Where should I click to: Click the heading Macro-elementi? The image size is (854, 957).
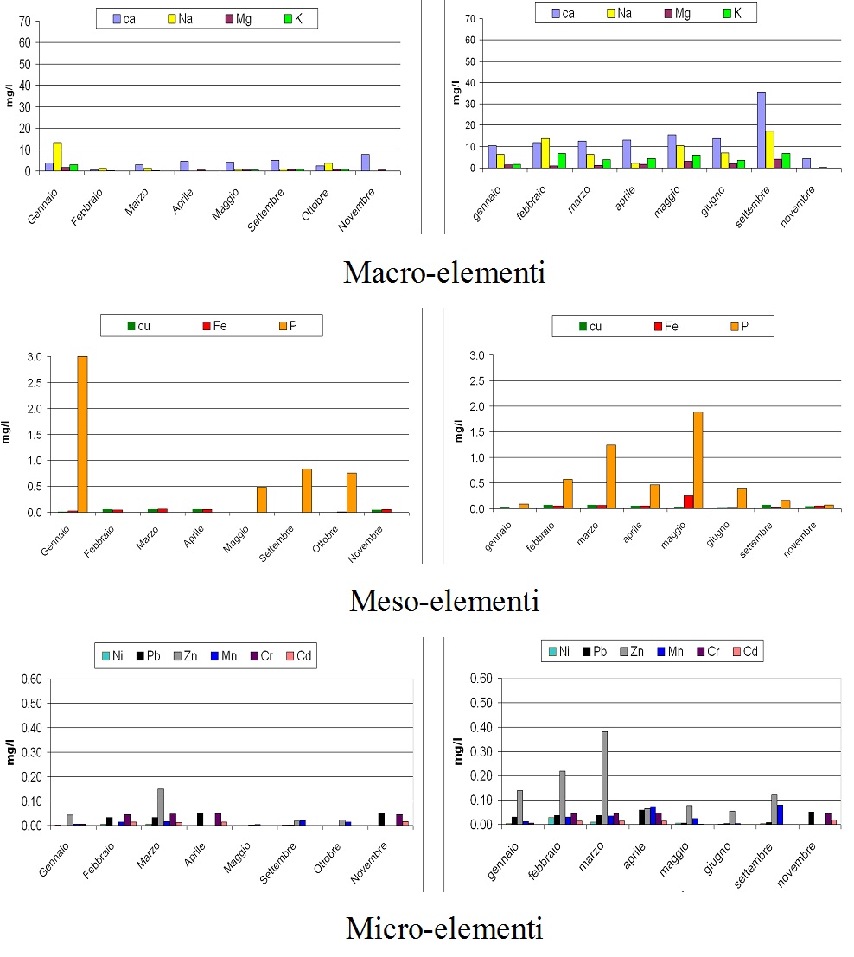pos(444,272)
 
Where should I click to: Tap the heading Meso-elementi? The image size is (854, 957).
pos(444,600)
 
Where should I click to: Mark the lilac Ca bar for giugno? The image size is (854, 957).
pos(717,153)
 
